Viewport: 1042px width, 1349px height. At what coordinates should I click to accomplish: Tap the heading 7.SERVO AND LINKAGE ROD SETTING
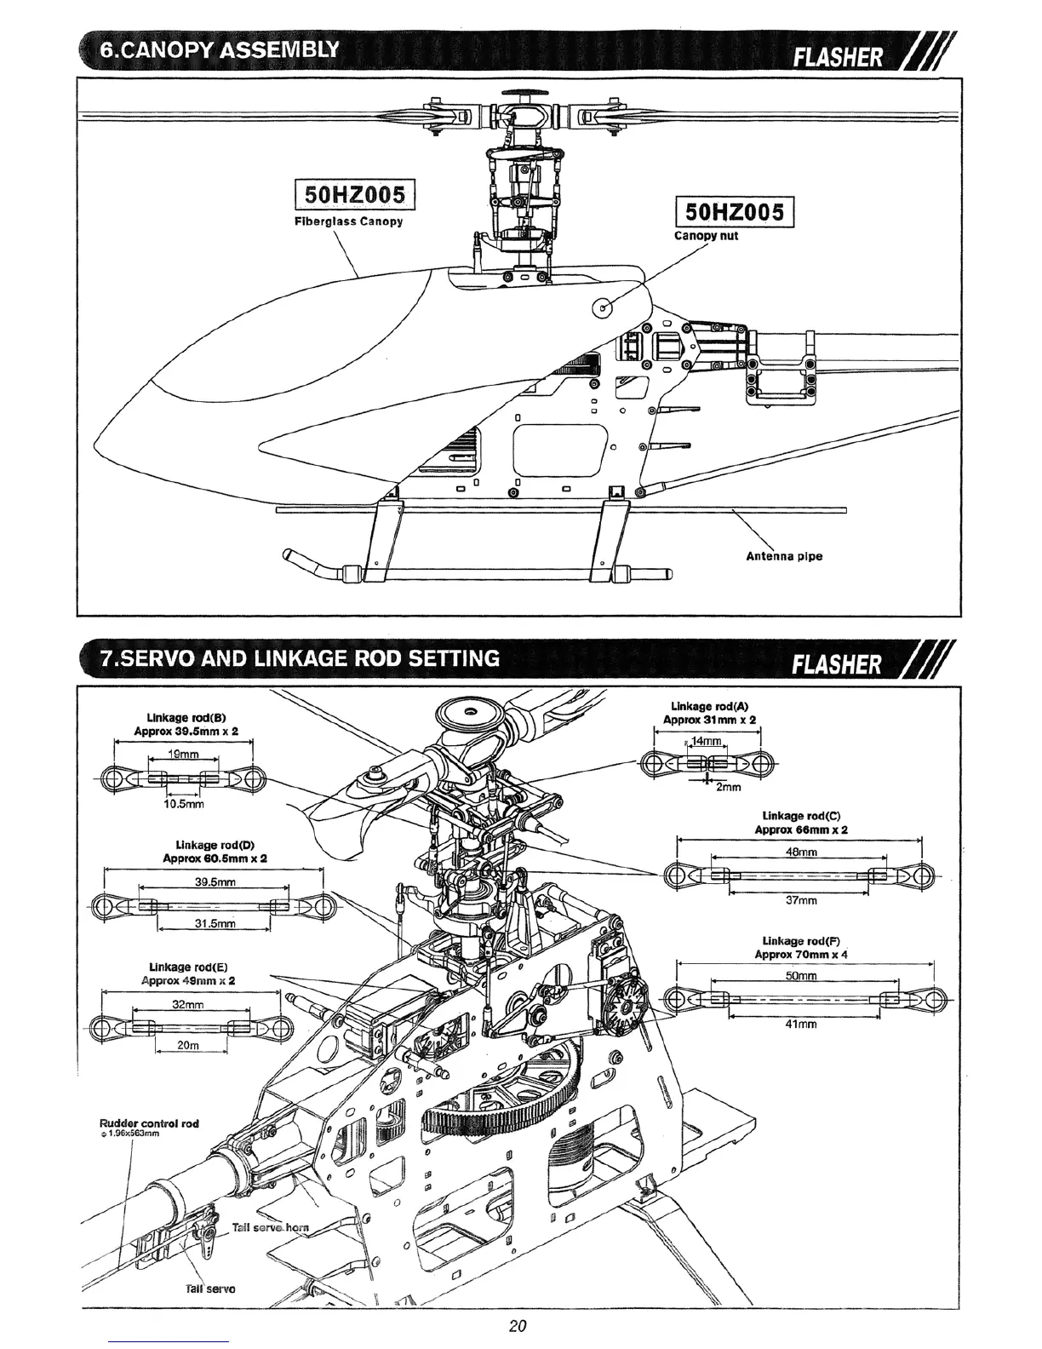click(x=299, y=658)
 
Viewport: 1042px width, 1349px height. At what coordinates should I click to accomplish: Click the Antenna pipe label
click(x=784, y=557)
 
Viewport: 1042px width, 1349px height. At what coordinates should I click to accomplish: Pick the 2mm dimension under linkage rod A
click(x=728, y=787)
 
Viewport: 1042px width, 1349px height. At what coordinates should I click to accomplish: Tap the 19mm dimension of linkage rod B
click(x=183, y=755)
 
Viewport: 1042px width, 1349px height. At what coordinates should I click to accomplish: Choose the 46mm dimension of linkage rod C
click(x=802, y=852)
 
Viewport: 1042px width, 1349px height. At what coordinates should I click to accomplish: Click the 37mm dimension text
click(x=800, y=900)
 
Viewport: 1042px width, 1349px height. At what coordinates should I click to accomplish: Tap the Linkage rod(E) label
click(x=187, y=967)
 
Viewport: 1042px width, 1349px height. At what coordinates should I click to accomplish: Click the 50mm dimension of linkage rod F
click(x=802, y=976)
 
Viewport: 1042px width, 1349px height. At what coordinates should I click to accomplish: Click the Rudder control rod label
click(x=149, y=1123)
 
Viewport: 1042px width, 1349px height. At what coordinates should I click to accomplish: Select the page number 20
click(x=518, y=1326)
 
